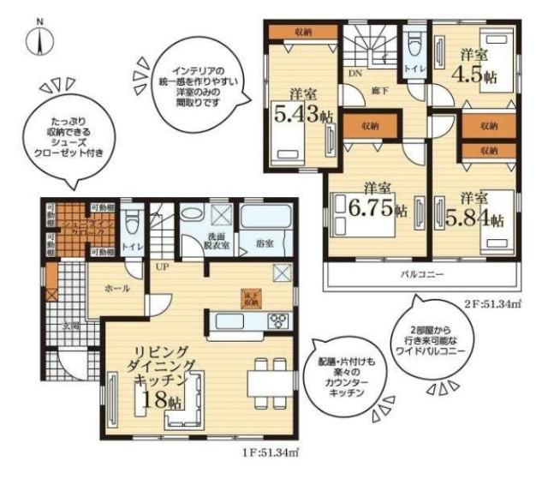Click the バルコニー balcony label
point(423,275)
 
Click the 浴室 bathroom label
point(265,243)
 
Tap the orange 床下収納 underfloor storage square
point(251,297)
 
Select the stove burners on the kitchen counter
point(279,321)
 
